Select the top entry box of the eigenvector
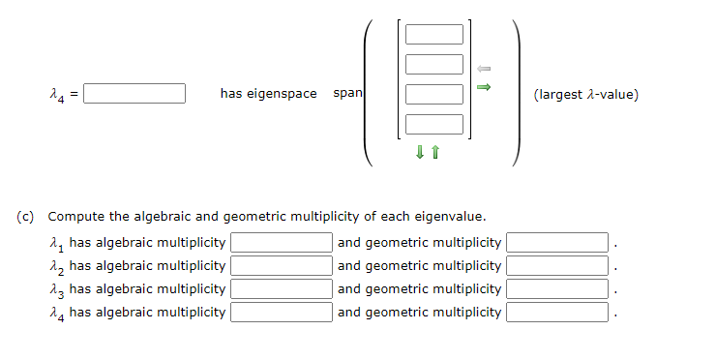tap(434, 35)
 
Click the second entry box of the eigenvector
tap(434, 65)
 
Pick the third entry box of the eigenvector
tap(434, 95)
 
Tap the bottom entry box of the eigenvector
tap(434, 124)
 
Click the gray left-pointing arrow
tap(485, 69)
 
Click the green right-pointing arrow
tap(485, 88)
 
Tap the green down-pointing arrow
tap(420, 151)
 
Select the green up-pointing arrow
tap(435, 151)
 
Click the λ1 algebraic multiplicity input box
tap(281, 243)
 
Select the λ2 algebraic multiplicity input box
tap(281, 266)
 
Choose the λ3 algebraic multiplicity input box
tap(281, 288)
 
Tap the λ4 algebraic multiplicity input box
tap(281, 312)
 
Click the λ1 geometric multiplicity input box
tap(557, 243)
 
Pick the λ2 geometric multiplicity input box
tap(557, 266)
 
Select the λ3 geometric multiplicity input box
tap(557, 288)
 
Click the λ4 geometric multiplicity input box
tap(557, 312)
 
